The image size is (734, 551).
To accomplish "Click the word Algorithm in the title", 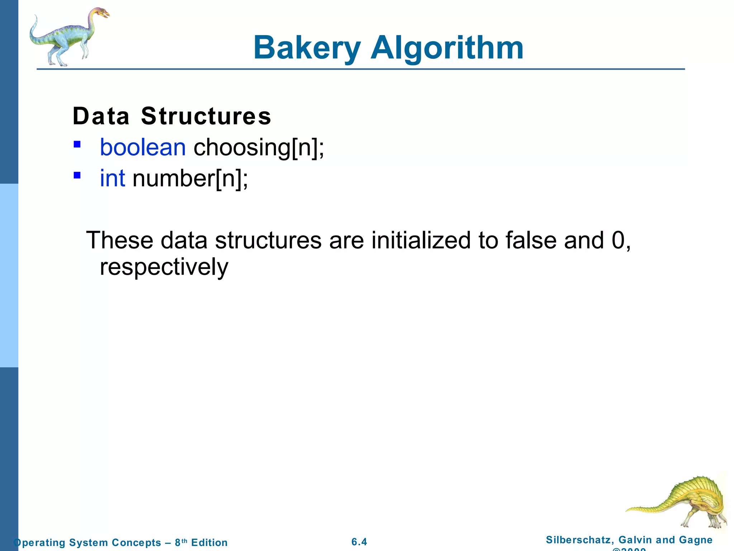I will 447,48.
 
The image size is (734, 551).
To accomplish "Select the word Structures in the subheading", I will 206,116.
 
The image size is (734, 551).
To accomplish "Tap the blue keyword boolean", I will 143,147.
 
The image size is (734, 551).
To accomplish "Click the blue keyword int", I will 112,178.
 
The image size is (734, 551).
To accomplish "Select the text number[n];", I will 190,178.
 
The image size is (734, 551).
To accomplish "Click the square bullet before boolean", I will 77,145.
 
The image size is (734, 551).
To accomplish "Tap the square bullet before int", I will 77,175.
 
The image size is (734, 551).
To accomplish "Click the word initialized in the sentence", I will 421,240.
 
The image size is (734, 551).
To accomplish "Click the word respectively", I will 164,267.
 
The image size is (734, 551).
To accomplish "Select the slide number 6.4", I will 359,542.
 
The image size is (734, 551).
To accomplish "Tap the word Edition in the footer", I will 209,542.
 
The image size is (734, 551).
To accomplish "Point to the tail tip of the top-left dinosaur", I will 35,17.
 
